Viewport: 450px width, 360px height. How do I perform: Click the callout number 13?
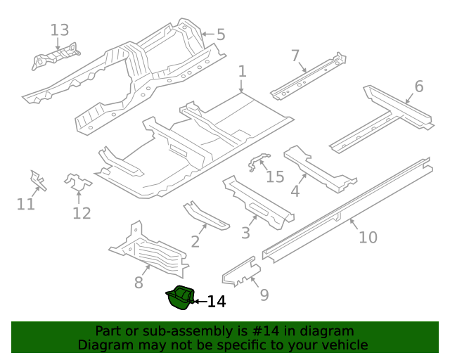[60, 30]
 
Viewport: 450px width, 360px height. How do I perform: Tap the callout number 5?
[220, 34]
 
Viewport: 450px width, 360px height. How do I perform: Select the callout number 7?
[295, 56]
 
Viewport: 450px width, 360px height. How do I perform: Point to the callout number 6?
[419, 86]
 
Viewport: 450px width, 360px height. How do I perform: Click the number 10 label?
[368, 237]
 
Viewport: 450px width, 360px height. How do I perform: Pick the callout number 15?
[275, 176]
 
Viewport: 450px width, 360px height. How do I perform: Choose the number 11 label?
[26, 204]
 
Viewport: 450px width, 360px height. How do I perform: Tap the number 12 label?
[82, 213]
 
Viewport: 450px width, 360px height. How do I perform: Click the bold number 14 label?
[217, 302]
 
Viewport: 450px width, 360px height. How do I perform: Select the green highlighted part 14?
[179, 297]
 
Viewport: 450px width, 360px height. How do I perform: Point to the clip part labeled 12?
[77, 184]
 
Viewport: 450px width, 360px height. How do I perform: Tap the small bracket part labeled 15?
[257, 162]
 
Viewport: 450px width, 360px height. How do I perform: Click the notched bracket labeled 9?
[240, 270]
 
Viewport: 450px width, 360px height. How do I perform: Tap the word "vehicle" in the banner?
[342, 345]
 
